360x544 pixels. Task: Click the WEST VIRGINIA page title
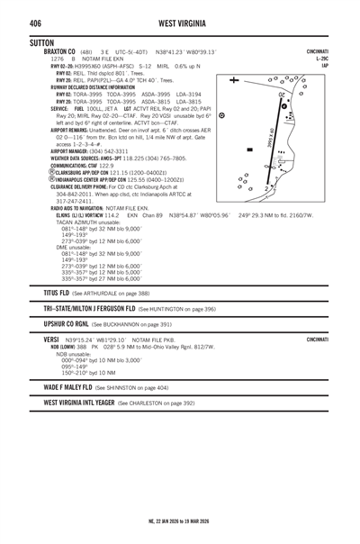179,22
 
